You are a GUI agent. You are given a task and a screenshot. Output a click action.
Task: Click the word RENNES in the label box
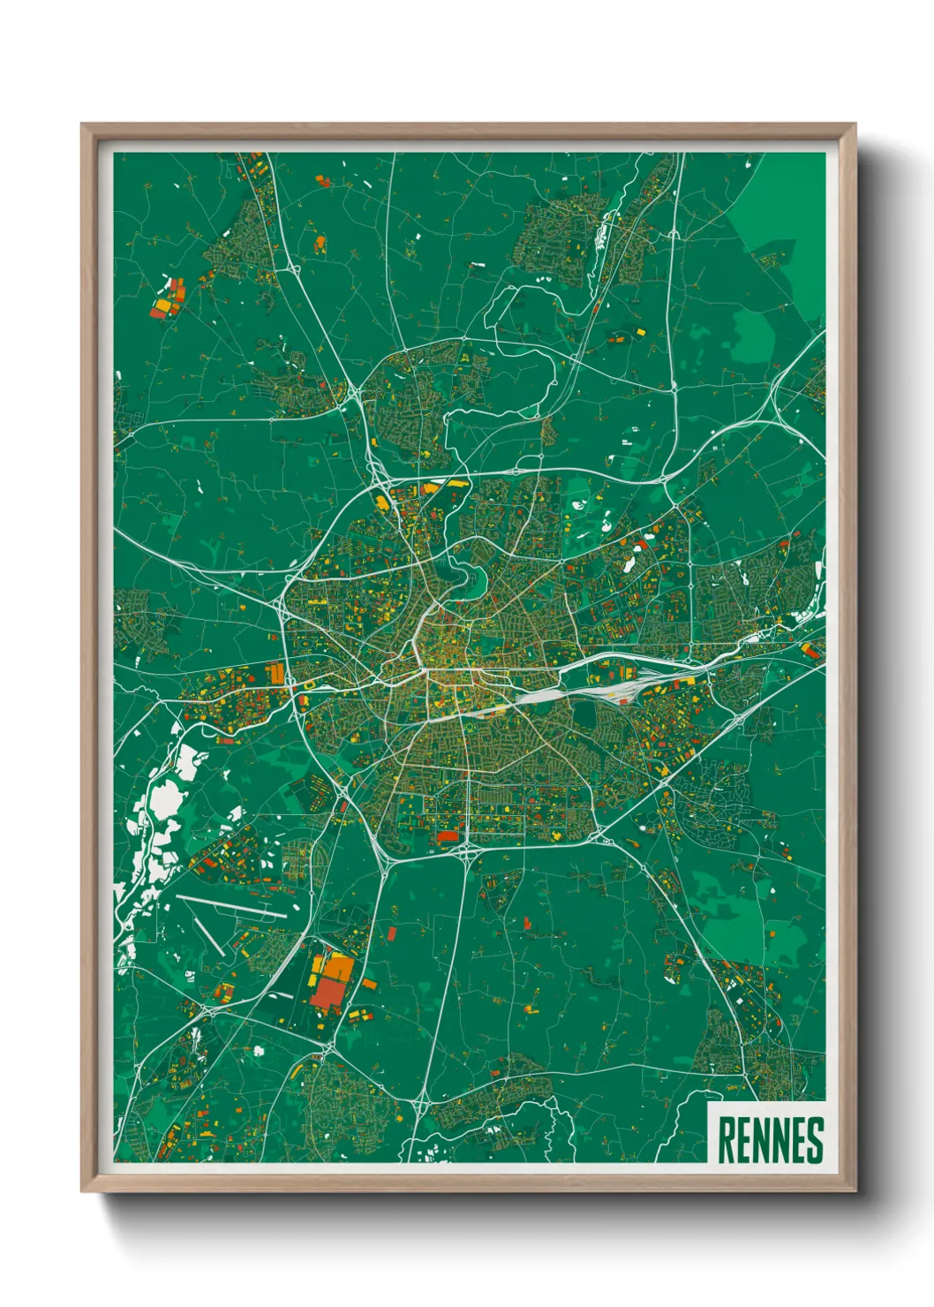[x=770, y=1140]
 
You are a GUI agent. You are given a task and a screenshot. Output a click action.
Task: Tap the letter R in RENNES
[x=727, y=1140]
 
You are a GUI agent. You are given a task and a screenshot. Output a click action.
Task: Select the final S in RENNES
[x=815, y=1140]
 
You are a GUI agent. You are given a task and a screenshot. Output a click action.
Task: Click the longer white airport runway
[x=231, y=907]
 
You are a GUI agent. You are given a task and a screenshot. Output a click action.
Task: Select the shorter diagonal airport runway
[x=209, y=937]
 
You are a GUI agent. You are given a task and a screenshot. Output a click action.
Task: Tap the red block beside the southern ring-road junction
[x=449, y=835]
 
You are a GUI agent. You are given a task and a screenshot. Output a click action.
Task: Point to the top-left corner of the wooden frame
[x=83, y=125]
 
